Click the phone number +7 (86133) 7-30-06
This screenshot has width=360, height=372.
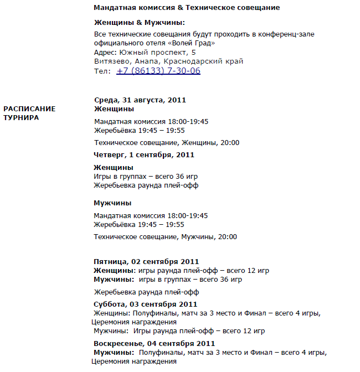(158, 71)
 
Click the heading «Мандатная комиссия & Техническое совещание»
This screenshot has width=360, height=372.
(187, 8)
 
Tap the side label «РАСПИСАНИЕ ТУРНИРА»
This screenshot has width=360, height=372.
(29, 113)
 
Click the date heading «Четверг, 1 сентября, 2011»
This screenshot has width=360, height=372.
(144, 155)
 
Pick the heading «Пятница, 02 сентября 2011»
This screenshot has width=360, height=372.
(146, 261)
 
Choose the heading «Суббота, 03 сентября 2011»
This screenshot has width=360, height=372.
(145, 304)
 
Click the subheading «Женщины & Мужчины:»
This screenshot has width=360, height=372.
(139, 23)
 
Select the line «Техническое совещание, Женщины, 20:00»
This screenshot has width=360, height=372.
(167, 143)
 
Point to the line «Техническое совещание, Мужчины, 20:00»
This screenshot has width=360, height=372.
(166, 237)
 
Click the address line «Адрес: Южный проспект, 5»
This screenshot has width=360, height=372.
(145, 52)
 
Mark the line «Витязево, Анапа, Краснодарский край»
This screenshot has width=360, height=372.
(168, 61)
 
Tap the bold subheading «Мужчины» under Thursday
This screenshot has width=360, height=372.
(112, 203)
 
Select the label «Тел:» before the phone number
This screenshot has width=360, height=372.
(102, 71)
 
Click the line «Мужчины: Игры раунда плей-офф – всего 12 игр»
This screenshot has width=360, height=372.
(179, 331)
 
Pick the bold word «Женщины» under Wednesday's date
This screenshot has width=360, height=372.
(114, 109)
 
